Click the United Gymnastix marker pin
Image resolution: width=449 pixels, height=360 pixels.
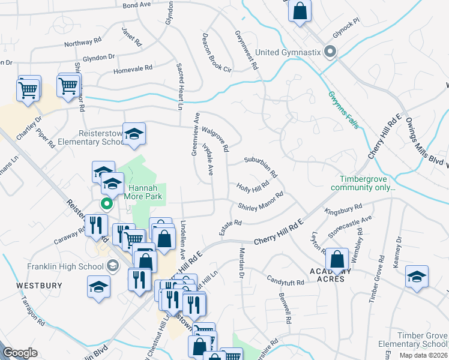coord(330,53)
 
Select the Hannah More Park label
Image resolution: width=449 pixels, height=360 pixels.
coord(143,191)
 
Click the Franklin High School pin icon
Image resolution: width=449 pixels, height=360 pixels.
coord(112,265)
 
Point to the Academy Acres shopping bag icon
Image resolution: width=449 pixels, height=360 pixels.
coord(337,260)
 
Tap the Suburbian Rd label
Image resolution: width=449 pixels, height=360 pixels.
coord(261,167)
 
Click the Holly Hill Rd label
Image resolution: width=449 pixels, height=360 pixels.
coord(252,188)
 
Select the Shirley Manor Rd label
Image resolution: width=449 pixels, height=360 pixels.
coord(260,202)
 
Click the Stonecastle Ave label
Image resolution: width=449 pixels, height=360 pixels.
coord(350,226)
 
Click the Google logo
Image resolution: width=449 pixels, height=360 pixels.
coord(20,353)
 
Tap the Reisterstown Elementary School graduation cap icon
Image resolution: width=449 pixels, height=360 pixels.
coord(134,136)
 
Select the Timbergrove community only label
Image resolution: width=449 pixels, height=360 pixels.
coord(368,183)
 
